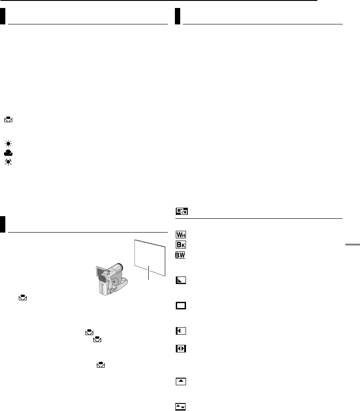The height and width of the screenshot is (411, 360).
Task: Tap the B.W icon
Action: [x=181, y=256]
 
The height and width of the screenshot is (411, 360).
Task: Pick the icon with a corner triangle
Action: [x=181, y=281]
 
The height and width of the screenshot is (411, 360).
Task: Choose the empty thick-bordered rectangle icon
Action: [x=181, y=305]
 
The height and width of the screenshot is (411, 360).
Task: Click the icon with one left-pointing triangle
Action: [x=181, y=331]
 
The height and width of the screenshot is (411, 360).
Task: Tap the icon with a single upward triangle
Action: [x=181, y=381]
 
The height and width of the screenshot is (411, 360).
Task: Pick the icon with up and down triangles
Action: [x=181, y=406]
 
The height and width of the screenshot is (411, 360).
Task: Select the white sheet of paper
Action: [x=150, y=257]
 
